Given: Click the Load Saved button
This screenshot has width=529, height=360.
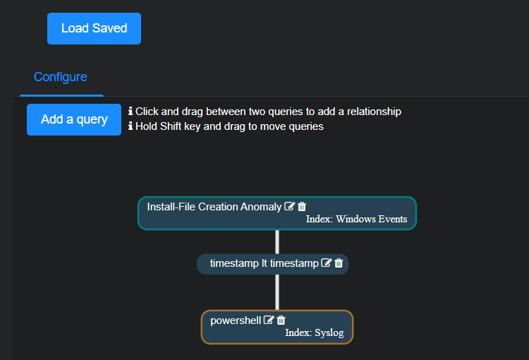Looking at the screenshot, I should click(94, 28).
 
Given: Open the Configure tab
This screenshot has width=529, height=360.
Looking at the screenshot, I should click(61, 77).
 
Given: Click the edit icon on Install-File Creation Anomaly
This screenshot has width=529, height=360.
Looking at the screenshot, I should click(289, 207).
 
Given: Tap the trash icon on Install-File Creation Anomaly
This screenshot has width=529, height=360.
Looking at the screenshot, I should click(302, 207).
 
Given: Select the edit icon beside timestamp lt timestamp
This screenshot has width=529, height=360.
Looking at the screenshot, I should click(326, 263).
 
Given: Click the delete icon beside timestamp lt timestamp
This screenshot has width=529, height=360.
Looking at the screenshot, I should click(339, 263).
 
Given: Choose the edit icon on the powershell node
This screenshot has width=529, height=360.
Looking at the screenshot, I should click(269, 320).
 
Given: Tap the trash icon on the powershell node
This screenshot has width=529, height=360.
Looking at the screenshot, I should click(281, 320).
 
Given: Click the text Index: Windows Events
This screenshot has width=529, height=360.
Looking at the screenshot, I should click(356, 219).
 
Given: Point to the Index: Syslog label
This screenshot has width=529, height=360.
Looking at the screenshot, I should click(314, 332).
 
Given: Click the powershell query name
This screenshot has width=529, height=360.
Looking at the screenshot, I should click(236, 320).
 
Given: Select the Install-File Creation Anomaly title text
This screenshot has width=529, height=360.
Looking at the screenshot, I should click(214, 207).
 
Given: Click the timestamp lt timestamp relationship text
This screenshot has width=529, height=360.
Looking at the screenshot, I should click(264, 263).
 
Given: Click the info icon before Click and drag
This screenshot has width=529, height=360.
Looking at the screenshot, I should click(130, 112).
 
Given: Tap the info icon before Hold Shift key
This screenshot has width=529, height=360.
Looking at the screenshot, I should click(130, 126).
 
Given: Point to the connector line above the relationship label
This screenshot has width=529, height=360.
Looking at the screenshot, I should click(277, 241).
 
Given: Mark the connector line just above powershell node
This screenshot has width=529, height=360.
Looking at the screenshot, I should click(277, 292).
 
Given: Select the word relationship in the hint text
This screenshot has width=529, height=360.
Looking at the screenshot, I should click(369, 112).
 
